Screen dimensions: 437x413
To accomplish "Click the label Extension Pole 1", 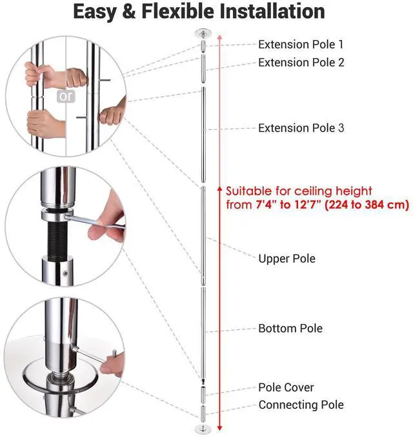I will tap(301, 44).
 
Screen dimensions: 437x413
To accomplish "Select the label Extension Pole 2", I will tap(301, 63).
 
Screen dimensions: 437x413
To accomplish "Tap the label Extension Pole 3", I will tap(301, 128).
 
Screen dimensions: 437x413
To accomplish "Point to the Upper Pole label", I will tap(287, 258).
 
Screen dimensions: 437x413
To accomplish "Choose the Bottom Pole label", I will tap(290, 328).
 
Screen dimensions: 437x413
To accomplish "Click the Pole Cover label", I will tap(286, 387).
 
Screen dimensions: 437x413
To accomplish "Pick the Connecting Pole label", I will tap(301, 405).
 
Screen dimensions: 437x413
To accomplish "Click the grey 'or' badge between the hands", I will tap(66, 97).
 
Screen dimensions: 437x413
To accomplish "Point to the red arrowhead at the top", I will tap(220, 37).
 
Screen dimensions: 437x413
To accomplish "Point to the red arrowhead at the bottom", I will tap(220, 427).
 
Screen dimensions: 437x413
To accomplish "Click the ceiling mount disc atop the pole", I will tap(201, 33).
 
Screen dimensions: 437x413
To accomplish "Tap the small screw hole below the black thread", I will tap(65, 277).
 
